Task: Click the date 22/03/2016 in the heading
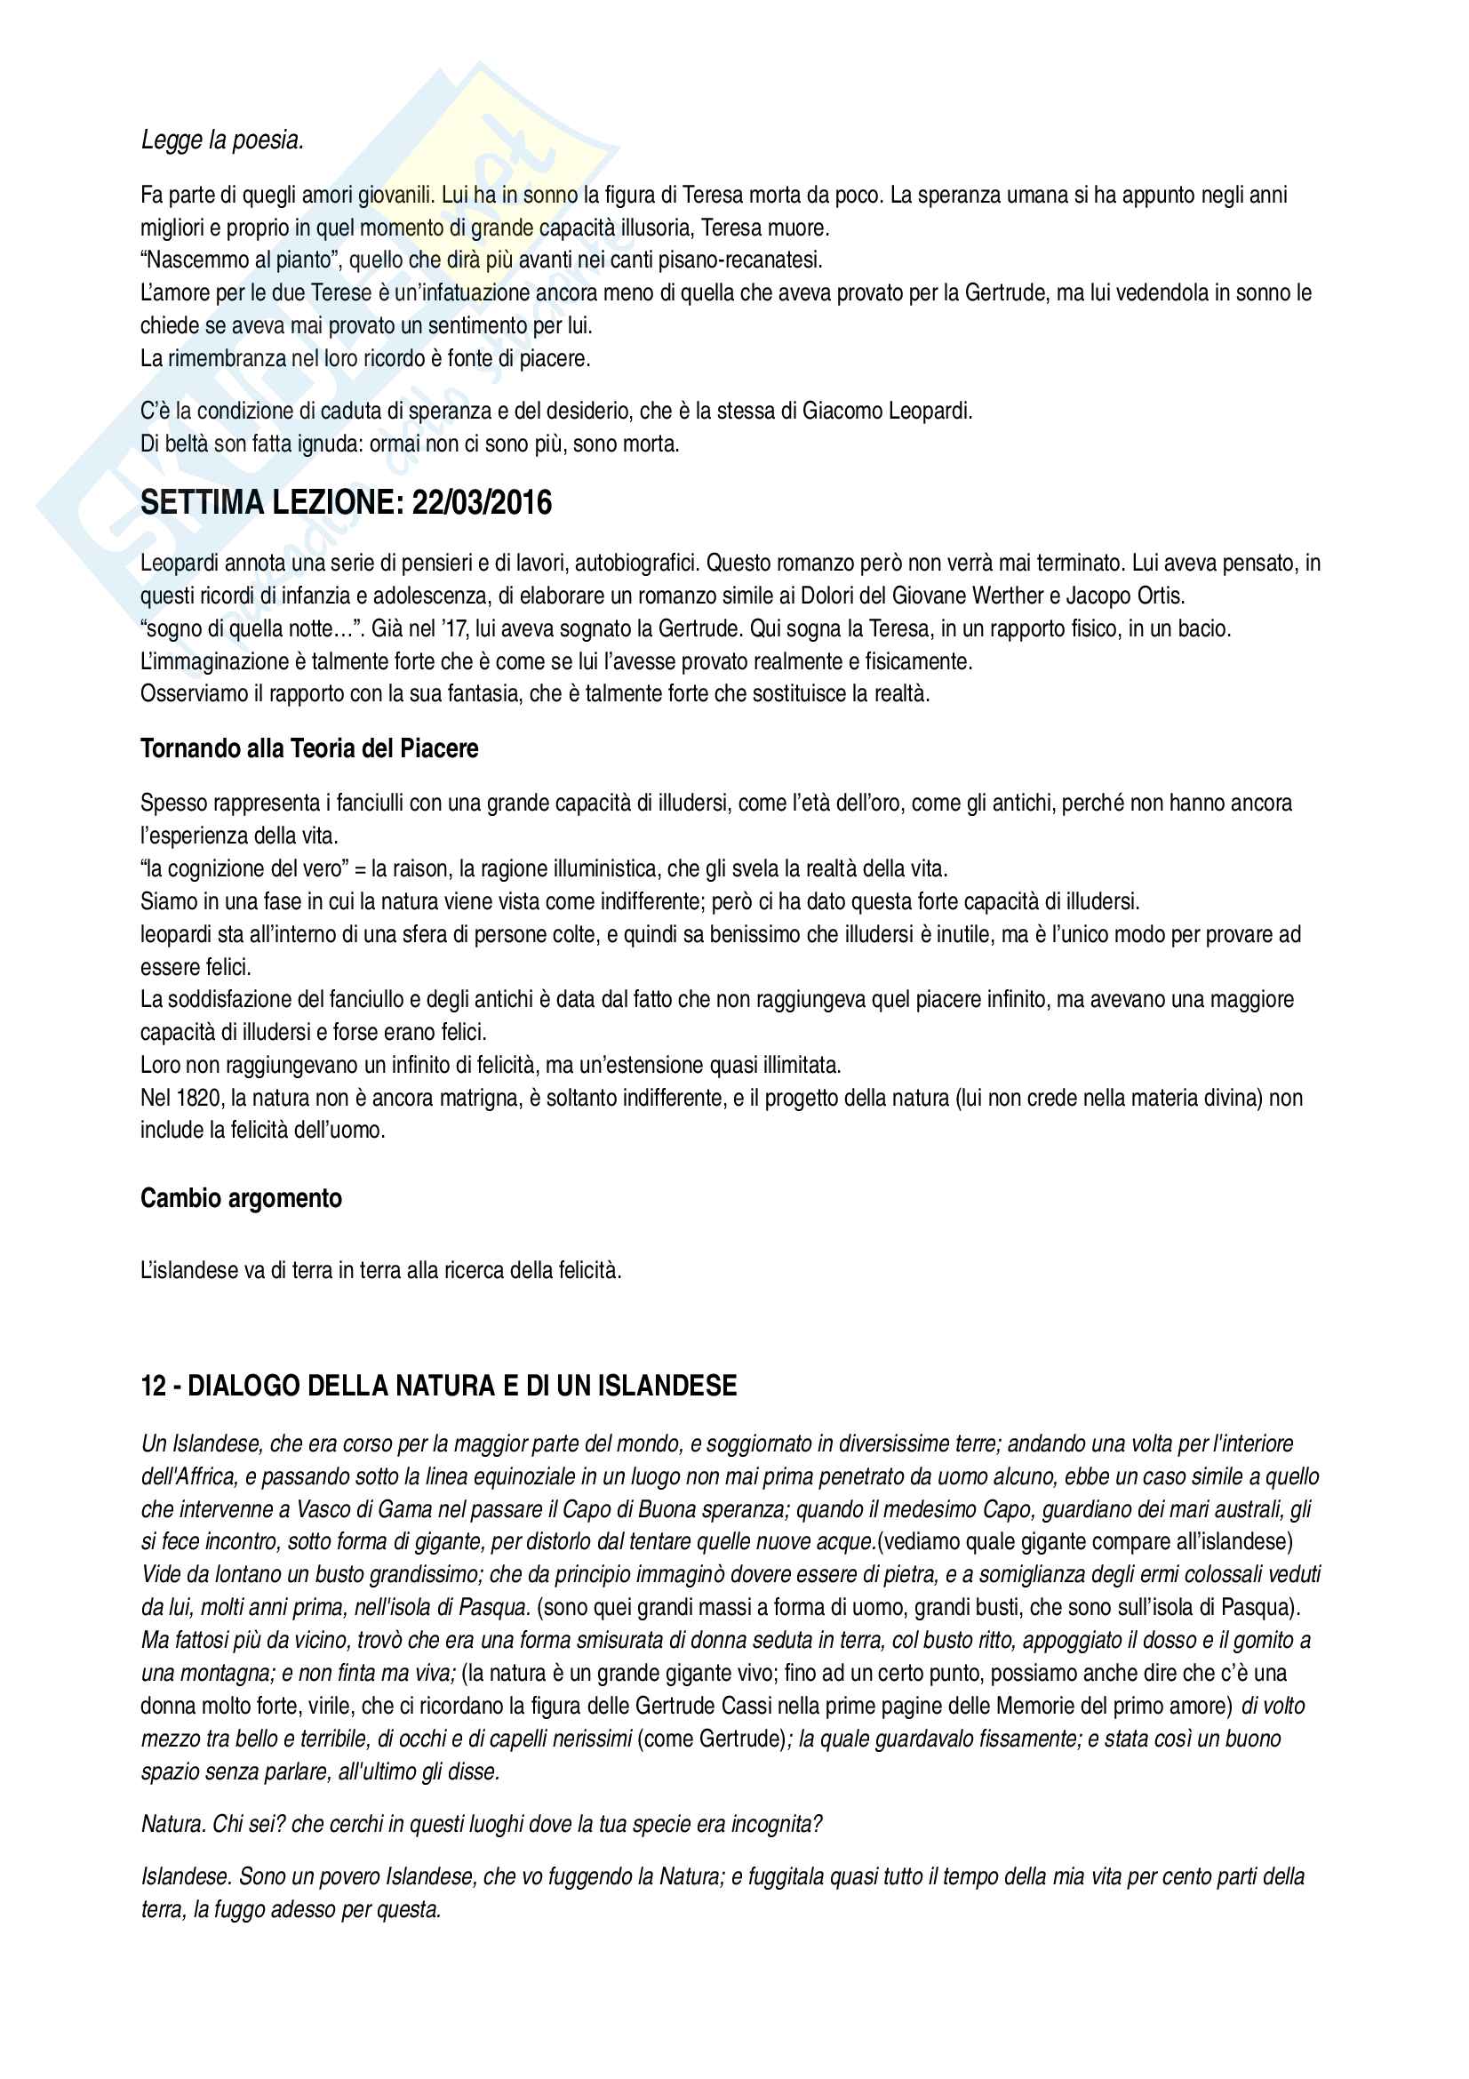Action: pos(482,503)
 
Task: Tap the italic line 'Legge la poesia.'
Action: pos(223,140)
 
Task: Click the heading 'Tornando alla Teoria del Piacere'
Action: pos(308,748)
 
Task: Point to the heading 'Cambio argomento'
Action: pos(241,1199)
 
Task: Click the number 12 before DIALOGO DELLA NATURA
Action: pos(153,1386)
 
